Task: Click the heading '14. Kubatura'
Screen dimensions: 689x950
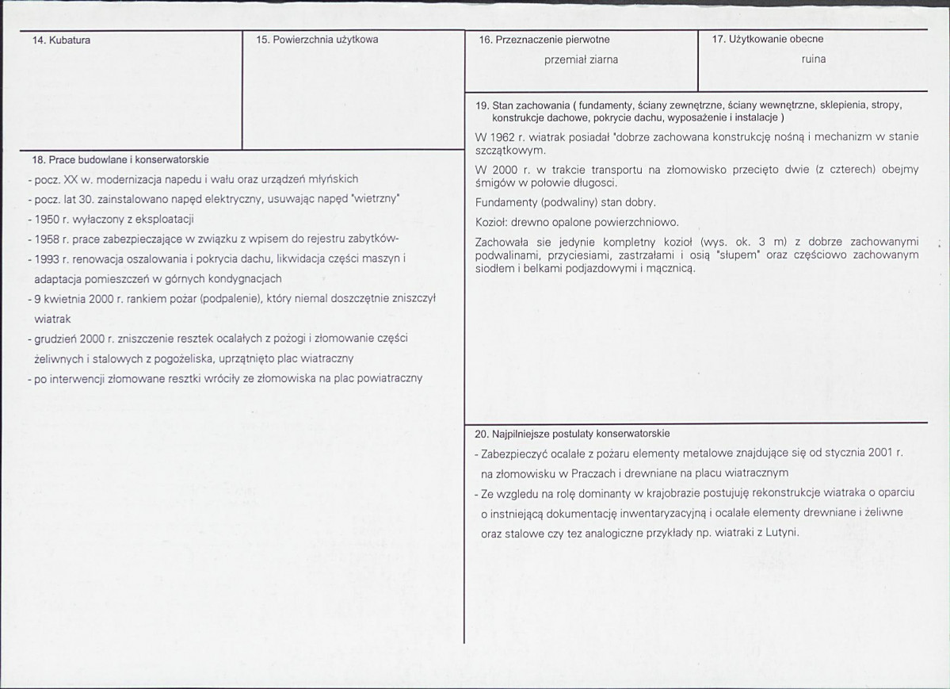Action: [60, 40]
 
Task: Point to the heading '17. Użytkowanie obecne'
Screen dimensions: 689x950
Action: [767, 39]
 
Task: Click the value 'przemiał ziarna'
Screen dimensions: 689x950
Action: [582, 59]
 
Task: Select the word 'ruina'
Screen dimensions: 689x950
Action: [813, 59]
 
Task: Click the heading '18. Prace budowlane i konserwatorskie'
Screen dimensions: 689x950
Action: [120, 159]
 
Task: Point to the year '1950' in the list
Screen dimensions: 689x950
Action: [48, 220]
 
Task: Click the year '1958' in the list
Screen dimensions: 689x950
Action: [48, 239]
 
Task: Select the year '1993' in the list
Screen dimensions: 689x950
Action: [48, 259]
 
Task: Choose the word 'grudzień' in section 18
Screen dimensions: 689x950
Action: [55, 339]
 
